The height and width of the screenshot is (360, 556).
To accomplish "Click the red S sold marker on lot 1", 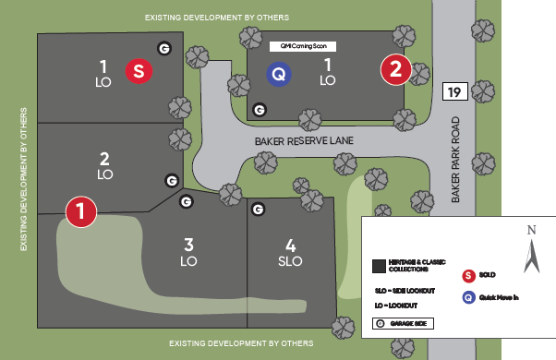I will pos(138,70).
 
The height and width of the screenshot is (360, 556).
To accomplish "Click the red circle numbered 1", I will pos(81,210).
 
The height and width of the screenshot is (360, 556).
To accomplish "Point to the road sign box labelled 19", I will pos(453,90).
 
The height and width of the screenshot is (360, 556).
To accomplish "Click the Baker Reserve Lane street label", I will pos(305,141).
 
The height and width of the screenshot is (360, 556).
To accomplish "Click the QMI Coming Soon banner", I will pos(297,45).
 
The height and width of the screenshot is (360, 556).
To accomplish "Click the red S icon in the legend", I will pos(468,274).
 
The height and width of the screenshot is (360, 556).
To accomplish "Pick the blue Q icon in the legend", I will pos(468,297).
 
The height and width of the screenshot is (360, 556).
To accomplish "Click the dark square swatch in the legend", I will pos(378,266).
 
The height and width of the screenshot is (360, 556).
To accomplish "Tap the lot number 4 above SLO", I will pos(291,246).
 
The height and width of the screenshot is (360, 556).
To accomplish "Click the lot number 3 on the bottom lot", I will pos(188,245).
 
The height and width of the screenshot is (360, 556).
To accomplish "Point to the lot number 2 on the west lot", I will pos(104,158).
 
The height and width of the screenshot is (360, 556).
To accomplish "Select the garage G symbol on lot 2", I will pos(171,180).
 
